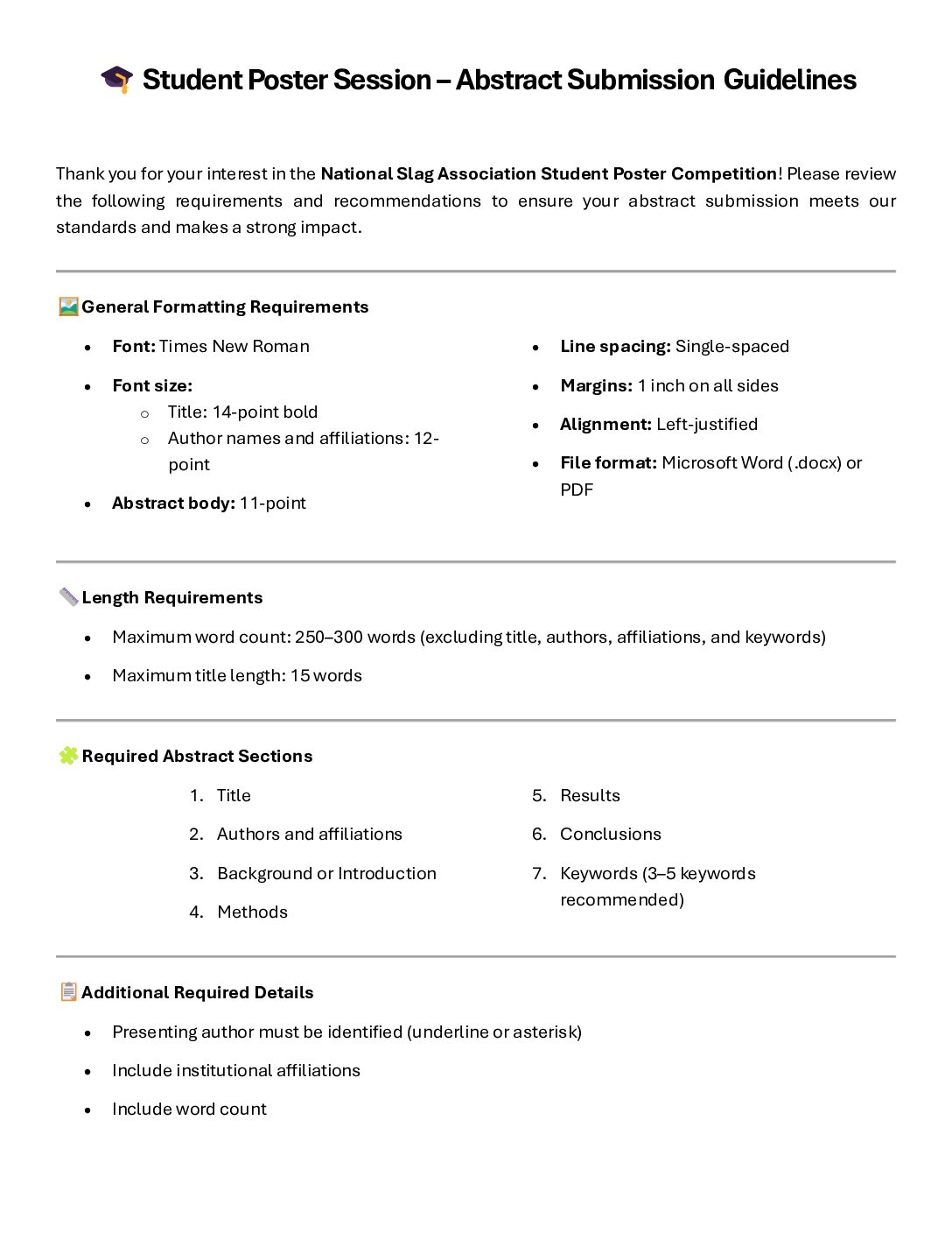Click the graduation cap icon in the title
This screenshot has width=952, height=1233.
point(116,79)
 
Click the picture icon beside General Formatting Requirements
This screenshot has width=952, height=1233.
point(68,306)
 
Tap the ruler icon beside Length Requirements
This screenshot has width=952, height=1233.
point(68,597)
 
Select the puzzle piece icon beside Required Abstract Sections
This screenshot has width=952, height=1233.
point(68,756)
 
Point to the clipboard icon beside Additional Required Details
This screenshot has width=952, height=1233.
point(68,992)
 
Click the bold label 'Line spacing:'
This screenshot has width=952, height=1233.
point(615,346)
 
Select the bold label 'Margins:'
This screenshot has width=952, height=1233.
point(596,385)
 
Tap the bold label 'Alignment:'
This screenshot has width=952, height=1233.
point(605,424)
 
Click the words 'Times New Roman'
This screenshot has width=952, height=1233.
point(234,346)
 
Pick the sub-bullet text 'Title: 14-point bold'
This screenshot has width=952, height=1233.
point(242,412)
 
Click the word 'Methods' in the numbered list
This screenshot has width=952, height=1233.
point(252,912)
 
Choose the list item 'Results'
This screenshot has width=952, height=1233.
point(590,795)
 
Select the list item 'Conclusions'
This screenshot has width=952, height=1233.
point(610,834)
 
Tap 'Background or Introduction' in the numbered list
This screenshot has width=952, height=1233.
point(326,873)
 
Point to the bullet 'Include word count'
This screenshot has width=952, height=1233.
point(189,1109)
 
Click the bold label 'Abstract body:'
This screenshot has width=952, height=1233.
point(173,503)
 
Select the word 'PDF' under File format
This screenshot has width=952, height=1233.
point(577,490)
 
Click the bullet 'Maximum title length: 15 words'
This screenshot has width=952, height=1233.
point(236,675)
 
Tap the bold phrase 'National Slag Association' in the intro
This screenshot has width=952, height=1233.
point(428,173)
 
